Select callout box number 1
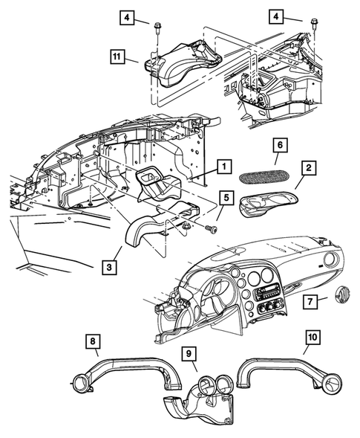click(x=221, y=167)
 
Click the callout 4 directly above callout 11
click(x=130, y=16)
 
